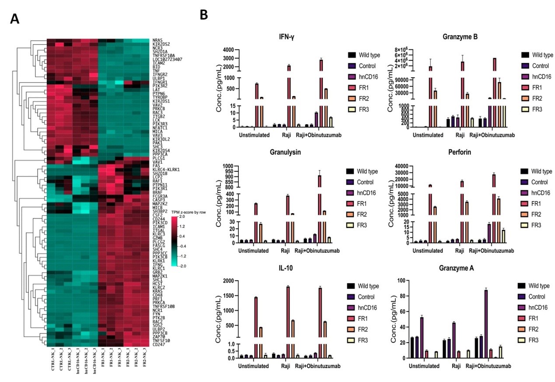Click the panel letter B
[x=204, y=15]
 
